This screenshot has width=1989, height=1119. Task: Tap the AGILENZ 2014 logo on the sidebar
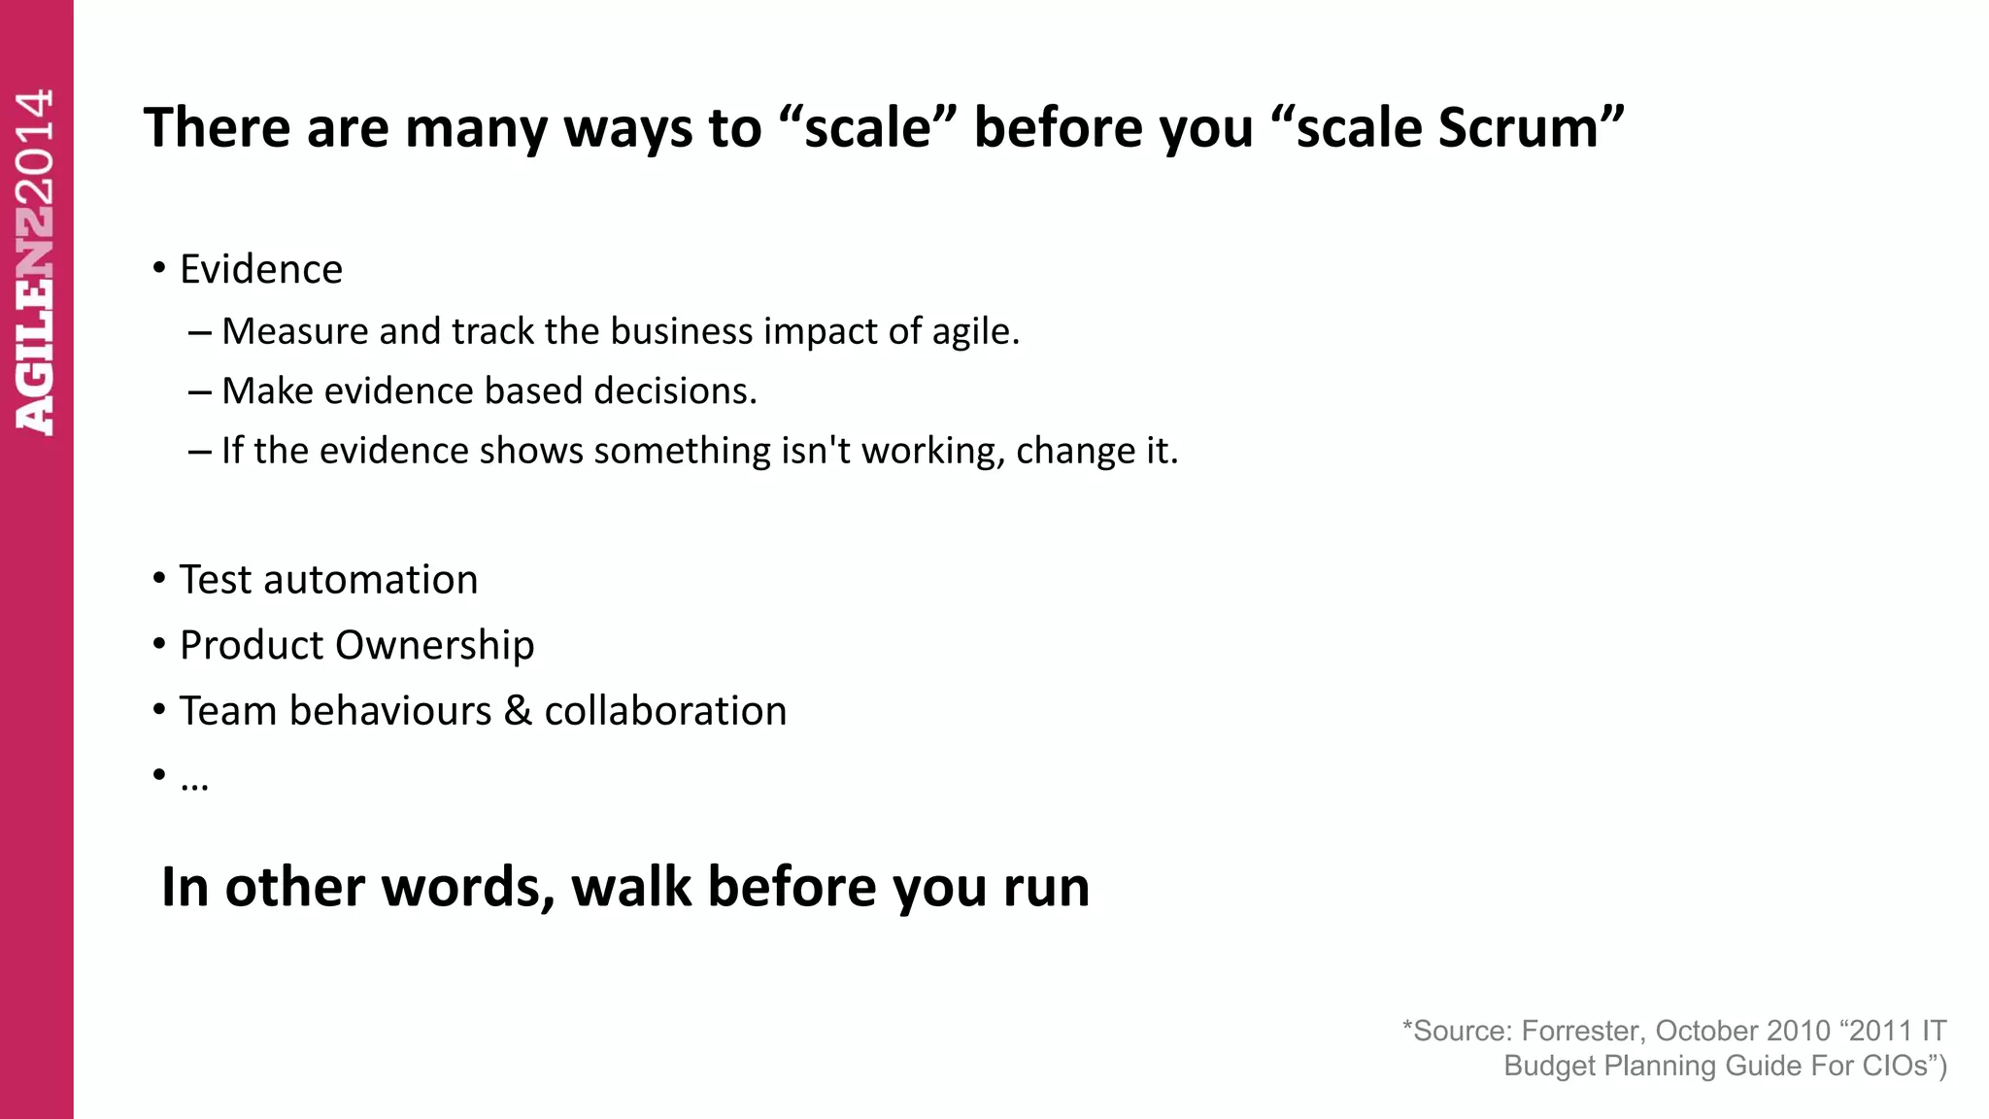(x=36, y=262)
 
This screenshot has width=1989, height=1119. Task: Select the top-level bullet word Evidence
(x=261, y=269)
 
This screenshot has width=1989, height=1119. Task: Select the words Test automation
(x=328, y=580)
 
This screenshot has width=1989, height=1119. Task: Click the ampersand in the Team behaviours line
(x=518, y=711)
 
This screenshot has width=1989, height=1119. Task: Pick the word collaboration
(x=665, y=711)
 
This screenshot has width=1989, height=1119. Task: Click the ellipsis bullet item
(x=194, y=778)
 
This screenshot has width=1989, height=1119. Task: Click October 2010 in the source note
(x=1742, y=1031)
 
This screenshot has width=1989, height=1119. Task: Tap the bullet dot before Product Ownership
(x=159, y=644)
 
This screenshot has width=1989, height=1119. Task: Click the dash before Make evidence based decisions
(x=200, y=391)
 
